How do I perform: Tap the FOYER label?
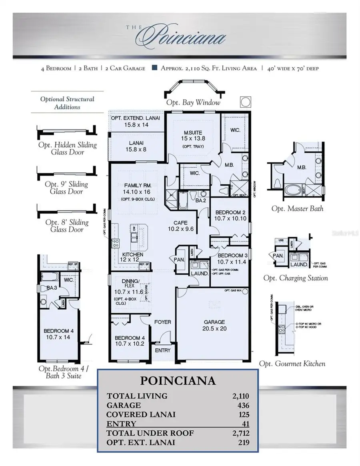pyautogui.click(x=162, y=322)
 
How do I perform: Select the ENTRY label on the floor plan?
pyautogui.click(x=162, y=350)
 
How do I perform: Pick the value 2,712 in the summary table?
pyautogui.click(x=240, y=432)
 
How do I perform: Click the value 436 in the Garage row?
pyautogui.click(x=243, y=405)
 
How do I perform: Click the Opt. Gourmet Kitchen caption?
pyautogui.click(x=292, y=364)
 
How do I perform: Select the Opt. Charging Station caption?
pyautogui.click(x=296, y=278)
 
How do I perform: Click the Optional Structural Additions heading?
pyautogui.click(x=67, y=103)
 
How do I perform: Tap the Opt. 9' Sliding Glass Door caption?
pyautogui.click(x=66, y=188)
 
